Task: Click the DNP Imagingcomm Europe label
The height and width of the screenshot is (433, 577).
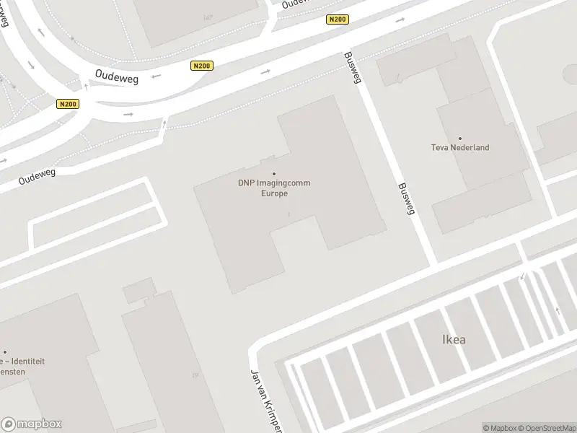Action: tap(274, 188)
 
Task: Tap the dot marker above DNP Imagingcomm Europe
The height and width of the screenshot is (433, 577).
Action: tap(274, 173)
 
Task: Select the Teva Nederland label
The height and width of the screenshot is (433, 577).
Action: tap(460, 148)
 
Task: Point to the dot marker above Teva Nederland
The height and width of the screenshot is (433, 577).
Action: tap(460, 138)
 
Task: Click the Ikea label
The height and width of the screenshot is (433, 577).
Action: tap(454, 339)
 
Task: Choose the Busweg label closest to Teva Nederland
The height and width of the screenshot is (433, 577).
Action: tap(406, 198)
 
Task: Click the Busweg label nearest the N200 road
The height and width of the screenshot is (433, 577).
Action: tap(352, 68)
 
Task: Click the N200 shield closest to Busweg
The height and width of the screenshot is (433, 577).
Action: tap(338, 19)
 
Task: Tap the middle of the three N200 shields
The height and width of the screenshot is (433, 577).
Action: tap(202, 66)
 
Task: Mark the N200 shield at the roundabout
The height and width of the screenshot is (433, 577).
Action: tap(68, 104)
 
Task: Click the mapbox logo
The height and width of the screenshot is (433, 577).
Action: tap(31, 424)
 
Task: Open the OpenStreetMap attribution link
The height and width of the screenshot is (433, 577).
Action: tap(547, 428)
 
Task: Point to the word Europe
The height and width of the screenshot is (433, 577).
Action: tap(274, 193)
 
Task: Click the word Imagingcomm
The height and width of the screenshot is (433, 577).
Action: tap(284, 183)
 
